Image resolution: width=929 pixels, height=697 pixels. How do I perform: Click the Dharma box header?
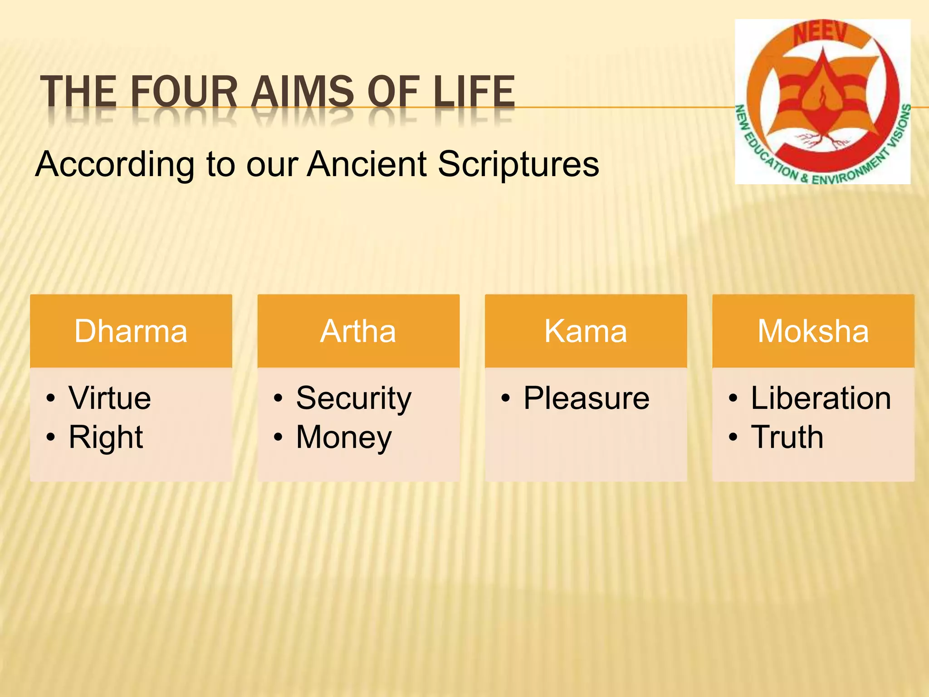(131, 331)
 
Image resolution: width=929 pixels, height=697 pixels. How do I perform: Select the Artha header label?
(358, 331)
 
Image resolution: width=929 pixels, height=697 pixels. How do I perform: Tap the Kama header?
(586, 331)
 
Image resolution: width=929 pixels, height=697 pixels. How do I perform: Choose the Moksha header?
(813, 331)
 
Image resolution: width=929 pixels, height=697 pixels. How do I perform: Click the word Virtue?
(110, 398)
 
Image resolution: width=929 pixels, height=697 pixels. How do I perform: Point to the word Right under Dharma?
(106, 437)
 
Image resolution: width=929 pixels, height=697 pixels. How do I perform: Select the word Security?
(354, 398)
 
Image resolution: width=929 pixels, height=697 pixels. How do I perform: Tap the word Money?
(344, 437)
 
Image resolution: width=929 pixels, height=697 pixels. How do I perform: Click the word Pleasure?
(587, 398)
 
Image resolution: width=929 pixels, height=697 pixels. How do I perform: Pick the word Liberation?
(821, 398)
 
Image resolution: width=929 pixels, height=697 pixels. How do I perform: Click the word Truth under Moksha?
(787, 437)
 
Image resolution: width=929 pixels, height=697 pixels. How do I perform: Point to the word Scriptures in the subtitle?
(518, 164)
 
